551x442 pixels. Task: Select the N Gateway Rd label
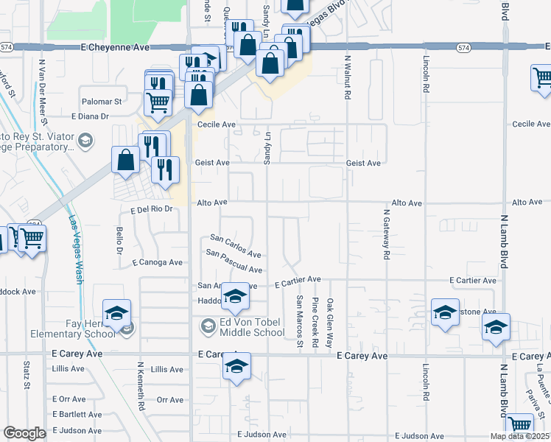tap(385, 234)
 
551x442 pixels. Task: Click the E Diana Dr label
tap(90, 116)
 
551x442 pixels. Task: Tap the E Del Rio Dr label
tap(151, 209)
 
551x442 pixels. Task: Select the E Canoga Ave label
tap(157, 262)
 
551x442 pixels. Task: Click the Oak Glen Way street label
tap(331, 323)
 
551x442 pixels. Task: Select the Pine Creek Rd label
tap(315, 323)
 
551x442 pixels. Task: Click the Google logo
tap(24, 433)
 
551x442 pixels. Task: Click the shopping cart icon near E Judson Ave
tap(520, 425)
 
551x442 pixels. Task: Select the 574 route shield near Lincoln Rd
tap(463, 47)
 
